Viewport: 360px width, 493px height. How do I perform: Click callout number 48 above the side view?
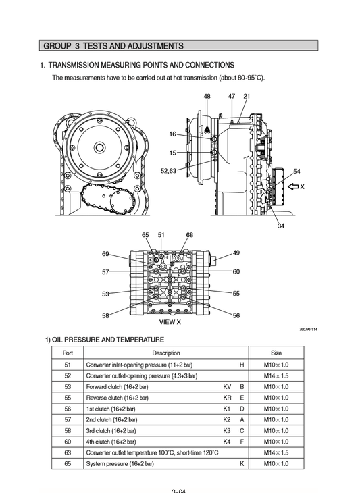coord(207,96)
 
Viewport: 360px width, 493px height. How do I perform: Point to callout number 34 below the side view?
coord(280,226)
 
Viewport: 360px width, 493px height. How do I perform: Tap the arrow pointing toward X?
coord(292,186)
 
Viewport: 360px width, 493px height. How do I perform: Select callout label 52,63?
coord(168,171)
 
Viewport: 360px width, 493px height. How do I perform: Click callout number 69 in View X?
coord(106,254)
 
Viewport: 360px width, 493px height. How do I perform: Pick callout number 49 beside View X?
coord(236,253)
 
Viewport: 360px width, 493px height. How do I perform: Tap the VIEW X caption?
coord(170,322)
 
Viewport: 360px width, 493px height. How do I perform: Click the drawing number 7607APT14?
coord(308,330)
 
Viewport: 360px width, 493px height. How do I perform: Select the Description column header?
coord(166,353)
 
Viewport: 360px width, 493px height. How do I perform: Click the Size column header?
coord(276,353)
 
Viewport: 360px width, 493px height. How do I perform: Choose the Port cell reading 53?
coord(68,386)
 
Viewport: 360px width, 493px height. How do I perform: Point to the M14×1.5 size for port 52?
coord(276,375)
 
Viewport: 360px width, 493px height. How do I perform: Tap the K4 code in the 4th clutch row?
coord(227,442)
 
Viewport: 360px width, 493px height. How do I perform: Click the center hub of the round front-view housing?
coord(99,148)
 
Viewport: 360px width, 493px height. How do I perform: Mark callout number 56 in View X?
coord(236,315)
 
